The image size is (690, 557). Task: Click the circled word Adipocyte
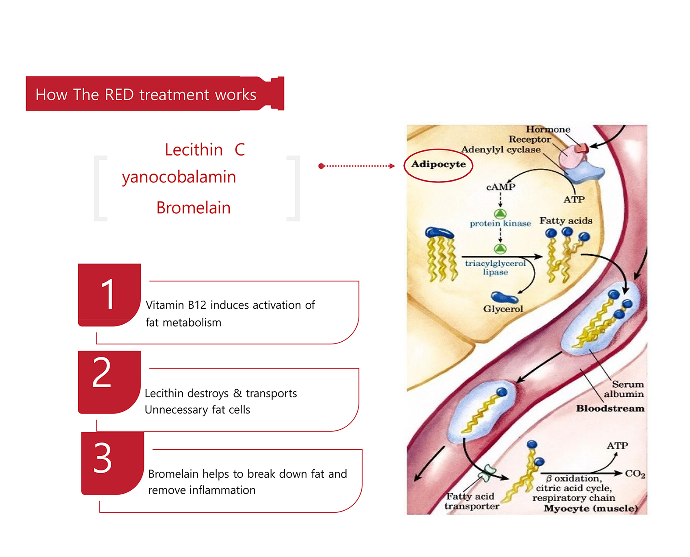(438, 165)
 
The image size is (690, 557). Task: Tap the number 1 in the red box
(108, 294)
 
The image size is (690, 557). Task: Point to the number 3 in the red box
(102, 458)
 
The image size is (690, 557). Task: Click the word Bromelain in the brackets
(193, 208)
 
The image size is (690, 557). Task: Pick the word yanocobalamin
(179, 177)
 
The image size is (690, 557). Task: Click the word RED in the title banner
(119, 95)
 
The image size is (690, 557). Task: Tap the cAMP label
(500, 187)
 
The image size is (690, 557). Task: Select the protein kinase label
(500, 223)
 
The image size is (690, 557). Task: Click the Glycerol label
(503, 309)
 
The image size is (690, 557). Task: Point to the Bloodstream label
(610, 408)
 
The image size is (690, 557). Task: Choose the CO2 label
(635, 474)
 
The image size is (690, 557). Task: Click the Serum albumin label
(623, 389)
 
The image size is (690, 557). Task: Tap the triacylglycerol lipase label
(495, 268)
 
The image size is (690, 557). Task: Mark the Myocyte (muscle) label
(591, 508)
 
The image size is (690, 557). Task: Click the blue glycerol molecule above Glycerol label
(504, 297)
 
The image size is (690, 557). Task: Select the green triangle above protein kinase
(500, 214)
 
